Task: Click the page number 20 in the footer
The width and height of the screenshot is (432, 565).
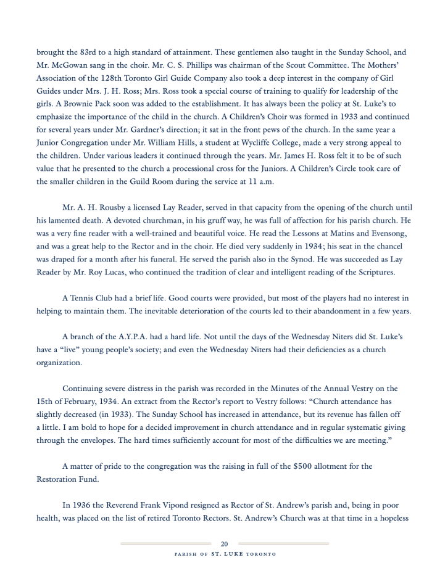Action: [x=224, y=543]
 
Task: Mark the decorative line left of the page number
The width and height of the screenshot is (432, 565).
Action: [x=167, y=543]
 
